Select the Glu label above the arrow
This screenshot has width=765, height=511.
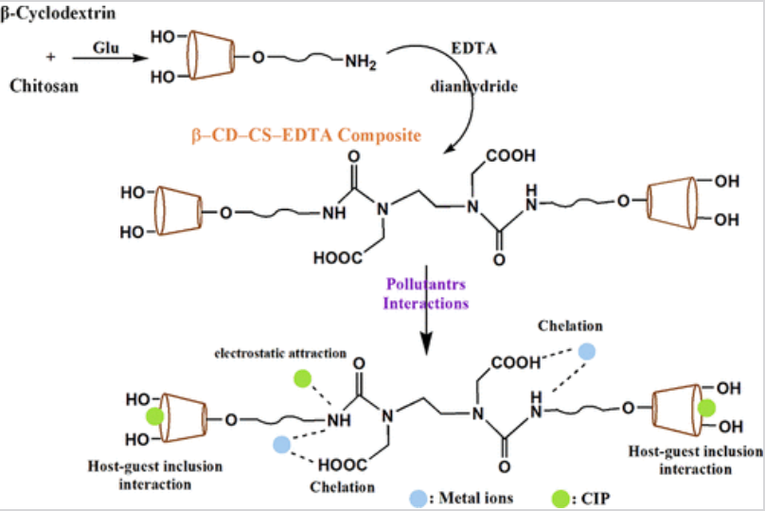[x=104, y=46]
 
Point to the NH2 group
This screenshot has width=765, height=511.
[x=360, y=63]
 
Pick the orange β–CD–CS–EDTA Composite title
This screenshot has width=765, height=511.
[x=306, y=135]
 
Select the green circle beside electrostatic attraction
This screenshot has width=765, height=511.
[x=303, y=379]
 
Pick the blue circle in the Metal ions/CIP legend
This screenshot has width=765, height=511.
[x=418, y=496]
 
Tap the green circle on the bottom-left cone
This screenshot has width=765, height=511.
[x=153, y=418]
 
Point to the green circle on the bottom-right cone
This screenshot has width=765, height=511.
[x=706, y=408]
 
